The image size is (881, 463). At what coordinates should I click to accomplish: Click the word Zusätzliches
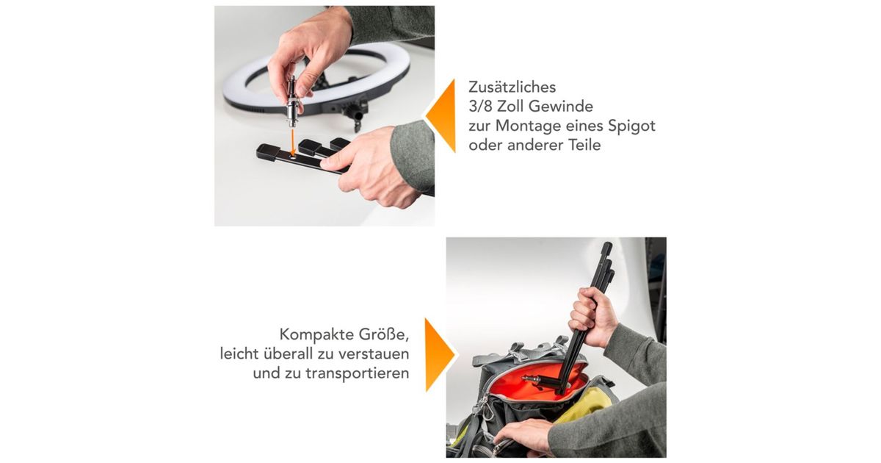click(x=512, y=87)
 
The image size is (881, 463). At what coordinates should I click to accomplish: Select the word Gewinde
click(x=561, y=107)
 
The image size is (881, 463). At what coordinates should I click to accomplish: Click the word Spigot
click(x=631, y=126)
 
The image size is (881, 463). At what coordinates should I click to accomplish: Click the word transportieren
click(x=357, y=373)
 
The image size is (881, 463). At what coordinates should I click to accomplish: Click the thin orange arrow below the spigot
click(x=293, y=142)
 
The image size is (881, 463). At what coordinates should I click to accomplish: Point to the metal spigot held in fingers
click(x=292, y=101)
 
